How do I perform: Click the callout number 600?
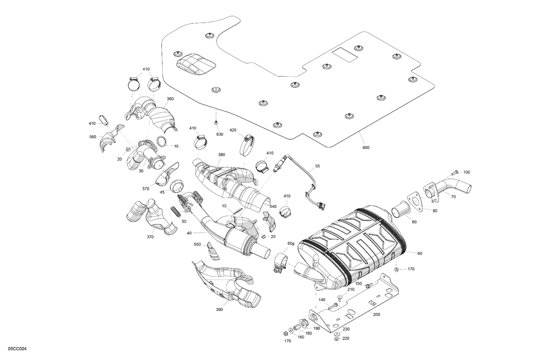click(365, 147)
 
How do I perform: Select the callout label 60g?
click(291, 243)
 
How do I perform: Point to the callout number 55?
click(317, 166)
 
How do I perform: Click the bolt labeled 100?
click(454, 172)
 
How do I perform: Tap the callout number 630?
click(220, 134)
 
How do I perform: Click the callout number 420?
click(233, 130)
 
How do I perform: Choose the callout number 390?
click(219, 309)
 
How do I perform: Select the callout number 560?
click(93, 137)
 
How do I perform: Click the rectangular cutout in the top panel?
click(345, 54)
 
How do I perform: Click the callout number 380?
click(222, 154)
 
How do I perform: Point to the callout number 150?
click(358, 283)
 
